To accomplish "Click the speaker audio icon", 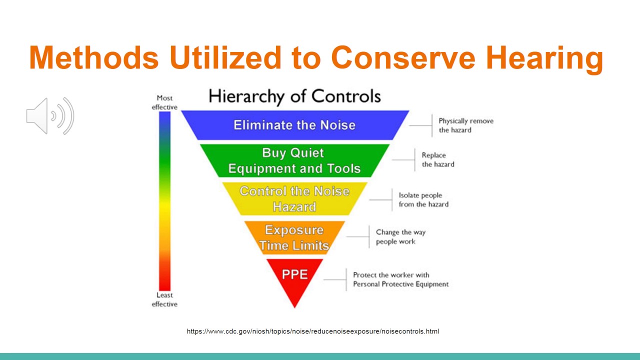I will click(x=50, y=116).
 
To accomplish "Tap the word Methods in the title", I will click(x=93, y=57).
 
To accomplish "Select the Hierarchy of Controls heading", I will click(x=294, y=96).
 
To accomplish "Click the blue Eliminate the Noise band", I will click(x=294, y=125).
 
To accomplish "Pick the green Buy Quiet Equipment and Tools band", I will click(x=294, y=160).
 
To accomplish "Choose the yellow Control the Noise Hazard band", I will click(x=294, y=198).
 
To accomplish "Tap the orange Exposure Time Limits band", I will click(x=294, y=237).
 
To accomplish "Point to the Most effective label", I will click(x=164, y=102).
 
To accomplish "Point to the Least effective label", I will click(x=164, y=299).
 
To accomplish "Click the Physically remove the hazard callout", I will click(x=465, y=125).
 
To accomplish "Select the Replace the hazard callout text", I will click(x=438, y=159).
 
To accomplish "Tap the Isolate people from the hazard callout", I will click(x=423, y=199).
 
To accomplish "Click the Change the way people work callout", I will click(x=400, y=237).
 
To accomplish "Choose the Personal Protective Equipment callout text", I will click(x=400, y=279).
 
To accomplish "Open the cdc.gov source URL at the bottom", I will click(x=313, y=331).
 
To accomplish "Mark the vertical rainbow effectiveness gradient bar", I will click(x=164, y=200).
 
